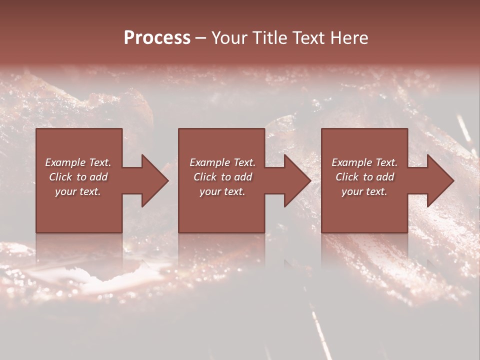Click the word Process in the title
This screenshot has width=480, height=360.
point(157,37)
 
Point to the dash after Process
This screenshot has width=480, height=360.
point(201,38)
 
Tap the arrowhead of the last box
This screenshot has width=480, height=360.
point(441,180)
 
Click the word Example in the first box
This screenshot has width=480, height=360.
point(65,162)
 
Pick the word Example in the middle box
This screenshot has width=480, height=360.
point(210,162)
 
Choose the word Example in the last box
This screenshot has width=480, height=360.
point(352,162)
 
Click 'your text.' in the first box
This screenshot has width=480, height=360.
point(78,191)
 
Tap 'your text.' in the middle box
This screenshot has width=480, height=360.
point(222,191)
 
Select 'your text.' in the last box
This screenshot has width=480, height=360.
point(364,191)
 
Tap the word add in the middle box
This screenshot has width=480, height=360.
point(242,177)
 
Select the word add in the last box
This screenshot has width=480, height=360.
point(384,177)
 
